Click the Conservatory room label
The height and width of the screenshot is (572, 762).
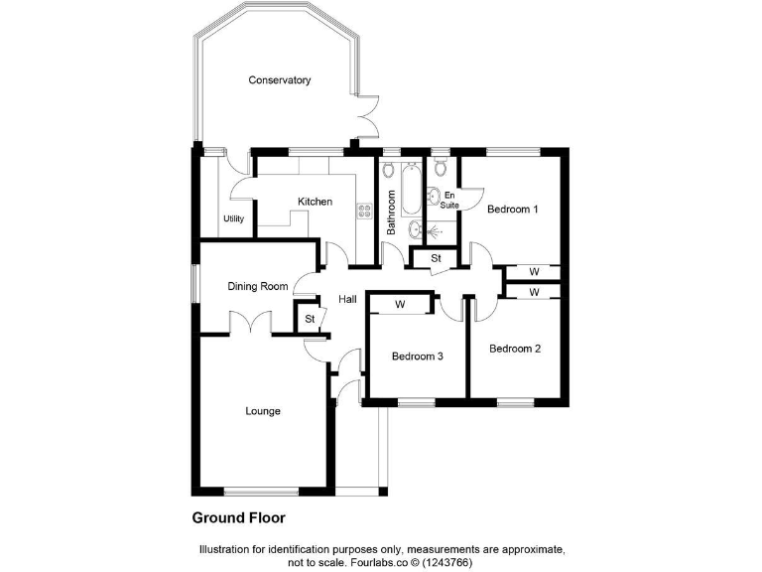(x=280, y=80)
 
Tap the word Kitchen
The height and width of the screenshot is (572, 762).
(x=316, y=202)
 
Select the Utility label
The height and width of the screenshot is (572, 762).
(x=233, y=218)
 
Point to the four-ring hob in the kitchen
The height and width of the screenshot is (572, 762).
(x=364, y=211)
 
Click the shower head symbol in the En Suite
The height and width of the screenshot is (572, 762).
(x=441, y=227)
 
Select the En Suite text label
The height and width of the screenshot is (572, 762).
(x=450, y=200)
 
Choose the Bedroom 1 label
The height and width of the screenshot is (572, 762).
(x=512, y=210)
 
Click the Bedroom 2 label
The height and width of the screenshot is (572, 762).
(x=515, y=349)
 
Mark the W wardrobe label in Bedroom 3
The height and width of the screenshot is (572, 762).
(x=400, y=304)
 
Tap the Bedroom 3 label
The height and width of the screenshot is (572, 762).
(x=417, y=357)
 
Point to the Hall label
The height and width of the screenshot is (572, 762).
(x=347, y=299)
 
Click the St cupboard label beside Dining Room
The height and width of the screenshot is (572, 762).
(x=310, y=319)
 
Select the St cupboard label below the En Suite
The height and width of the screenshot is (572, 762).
(x=436, y=259)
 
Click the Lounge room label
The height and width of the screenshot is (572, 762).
(x=263, y=411)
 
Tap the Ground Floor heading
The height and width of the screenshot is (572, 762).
(x=238, y=517)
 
